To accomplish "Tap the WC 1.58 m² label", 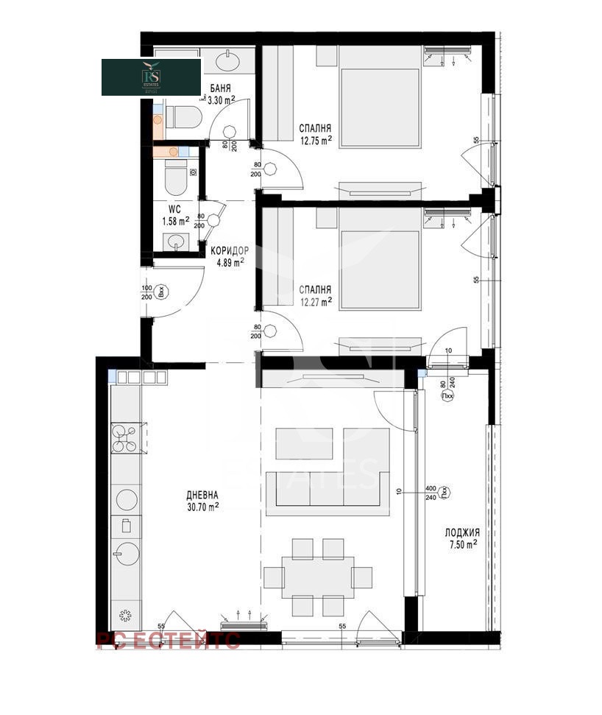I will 175,214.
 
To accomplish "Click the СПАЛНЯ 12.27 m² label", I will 315,295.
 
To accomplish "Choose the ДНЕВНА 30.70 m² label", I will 202,501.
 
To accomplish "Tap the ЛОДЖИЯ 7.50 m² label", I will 462,538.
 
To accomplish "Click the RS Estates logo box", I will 151,77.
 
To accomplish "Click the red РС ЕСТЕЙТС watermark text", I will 168,641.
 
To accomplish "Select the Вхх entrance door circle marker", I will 165,292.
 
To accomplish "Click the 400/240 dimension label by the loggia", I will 432,492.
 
